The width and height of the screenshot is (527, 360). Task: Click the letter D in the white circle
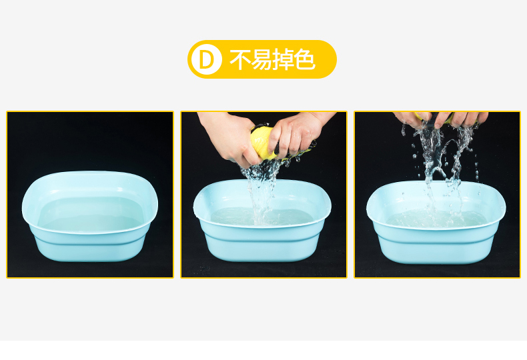coord(206,60)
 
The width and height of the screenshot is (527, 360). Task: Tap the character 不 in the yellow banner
coord(240,60)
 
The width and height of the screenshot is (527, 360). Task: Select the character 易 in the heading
coord(261,60)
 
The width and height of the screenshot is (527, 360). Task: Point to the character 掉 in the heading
coord(283,60)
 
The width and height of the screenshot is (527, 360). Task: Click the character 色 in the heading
coord(305,60)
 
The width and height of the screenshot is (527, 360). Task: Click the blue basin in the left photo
coord(90,215)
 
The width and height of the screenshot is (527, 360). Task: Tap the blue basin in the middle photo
coord(262,220)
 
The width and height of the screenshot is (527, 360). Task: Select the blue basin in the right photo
coord(436,222)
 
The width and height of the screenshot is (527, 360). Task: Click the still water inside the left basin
coord(91,214)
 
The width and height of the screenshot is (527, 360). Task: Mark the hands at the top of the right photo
coord(441,119)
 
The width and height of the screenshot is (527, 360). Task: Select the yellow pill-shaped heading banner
coord(261,59)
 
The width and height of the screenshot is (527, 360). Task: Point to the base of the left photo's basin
coord(90,249)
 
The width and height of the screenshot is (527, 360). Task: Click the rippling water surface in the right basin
coord(436,218)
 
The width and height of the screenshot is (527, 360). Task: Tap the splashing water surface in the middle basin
coord(262,217)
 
